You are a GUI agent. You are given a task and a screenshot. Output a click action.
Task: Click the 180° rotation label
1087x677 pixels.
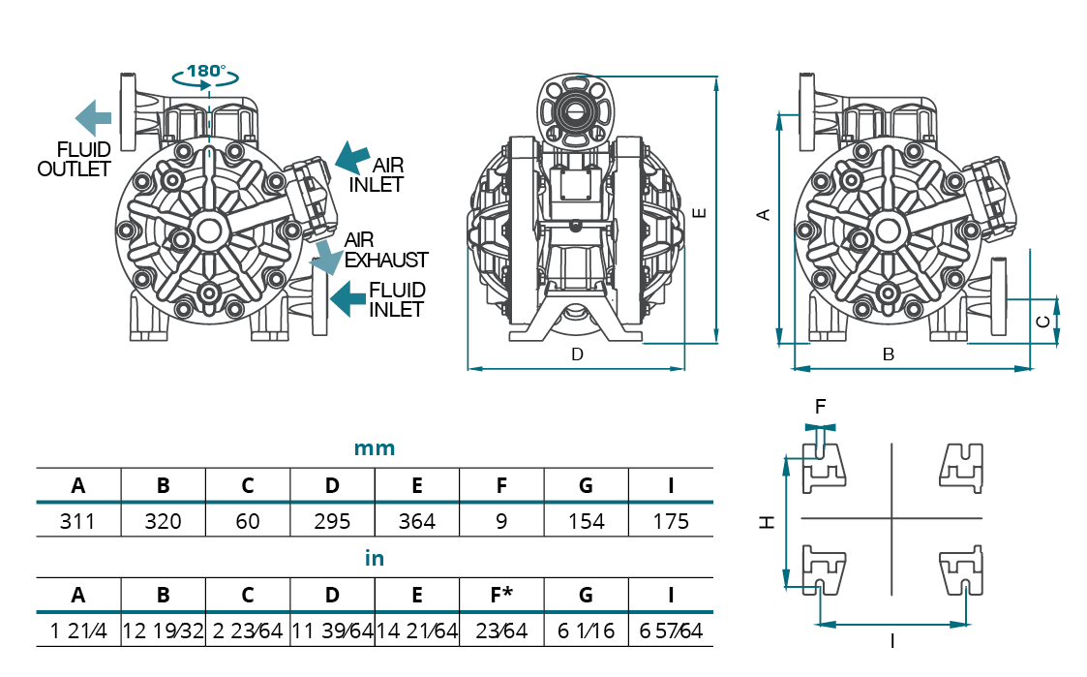tap(205, 71)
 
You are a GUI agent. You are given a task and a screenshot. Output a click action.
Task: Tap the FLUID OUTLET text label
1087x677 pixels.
tap(75, 159)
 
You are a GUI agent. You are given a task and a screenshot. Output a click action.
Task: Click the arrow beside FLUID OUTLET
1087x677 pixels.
tap(93, 117)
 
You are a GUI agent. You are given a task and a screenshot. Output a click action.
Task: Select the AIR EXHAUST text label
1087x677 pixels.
tap(386, 250)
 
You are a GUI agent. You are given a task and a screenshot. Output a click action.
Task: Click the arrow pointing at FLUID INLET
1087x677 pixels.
tap(347, 298)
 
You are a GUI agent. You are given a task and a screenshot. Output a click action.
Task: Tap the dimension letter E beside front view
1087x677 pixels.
tap(700, 212)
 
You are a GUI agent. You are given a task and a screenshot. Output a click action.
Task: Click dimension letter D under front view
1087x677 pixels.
tap(577, 354)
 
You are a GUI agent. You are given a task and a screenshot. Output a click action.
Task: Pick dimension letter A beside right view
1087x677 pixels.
tap(764, 214)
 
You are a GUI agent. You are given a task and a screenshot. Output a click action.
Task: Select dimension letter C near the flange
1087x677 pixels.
tap(1042, 321)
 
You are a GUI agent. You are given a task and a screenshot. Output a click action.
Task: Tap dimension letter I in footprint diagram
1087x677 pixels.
tap(891, 640)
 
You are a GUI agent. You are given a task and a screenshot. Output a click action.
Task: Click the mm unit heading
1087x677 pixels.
tap(374, 448)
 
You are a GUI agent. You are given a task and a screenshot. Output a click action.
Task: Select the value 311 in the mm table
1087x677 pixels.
tap(77, 521)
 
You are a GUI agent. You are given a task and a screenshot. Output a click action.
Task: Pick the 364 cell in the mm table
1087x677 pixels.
tap(417, 521)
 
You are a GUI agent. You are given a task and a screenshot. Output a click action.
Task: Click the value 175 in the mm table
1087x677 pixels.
tap(671, 521)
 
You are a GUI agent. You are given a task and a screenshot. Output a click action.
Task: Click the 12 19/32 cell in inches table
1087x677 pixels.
tap(163, 631)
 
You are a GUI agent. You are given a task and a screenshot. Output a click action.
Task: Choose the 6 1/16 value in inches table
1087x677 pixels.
tap(587, 631)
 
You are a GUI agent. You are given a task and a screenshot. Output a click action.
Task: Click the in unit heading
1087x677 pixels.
tap(374, 559)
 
